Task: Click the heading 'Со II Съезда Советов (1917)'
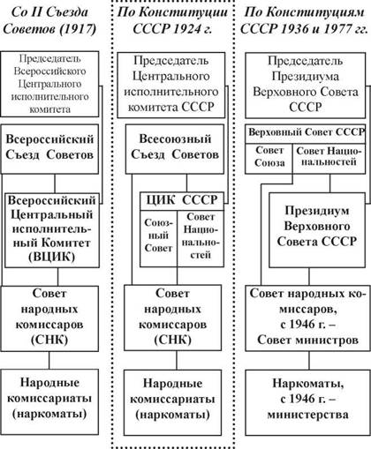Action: tap(49, 20)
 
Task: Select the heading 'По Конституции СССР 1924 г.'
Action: tap(172, 20)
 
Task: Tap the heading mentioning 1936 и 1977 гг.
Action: tap(305, 20)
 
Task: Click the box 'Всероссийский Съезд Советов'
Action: tap(49, 149)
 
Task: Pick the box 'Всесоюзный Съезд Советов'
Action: tap(175, 149)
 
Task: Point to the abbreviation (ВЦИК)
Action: tap(52, 257)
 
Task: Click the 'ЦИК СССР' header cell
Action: tap(182, 201)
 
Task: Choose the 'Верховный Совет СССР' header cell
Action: tap(306, 132)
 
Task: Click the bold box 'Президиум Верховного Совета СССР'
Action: tap(317, 230)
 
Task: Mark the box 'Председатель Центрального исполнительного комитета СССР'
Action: tap(171, 86)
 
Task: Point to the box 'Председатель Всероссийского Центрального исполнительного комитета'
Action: tap(49, 84)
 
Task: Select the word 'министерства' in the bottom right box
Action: tap(307, 415)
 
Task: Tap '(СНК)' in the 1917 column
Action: tap(49, 340)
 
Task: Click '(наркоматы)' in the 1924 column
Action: tap(173, 415)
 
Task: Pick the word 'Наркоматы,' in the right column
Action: tap(308, 384)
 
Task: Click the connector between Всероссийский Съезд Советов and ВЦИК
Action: tap(55, 183)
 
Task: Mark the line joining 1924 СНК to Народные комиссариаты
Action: tap(177, 361)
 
